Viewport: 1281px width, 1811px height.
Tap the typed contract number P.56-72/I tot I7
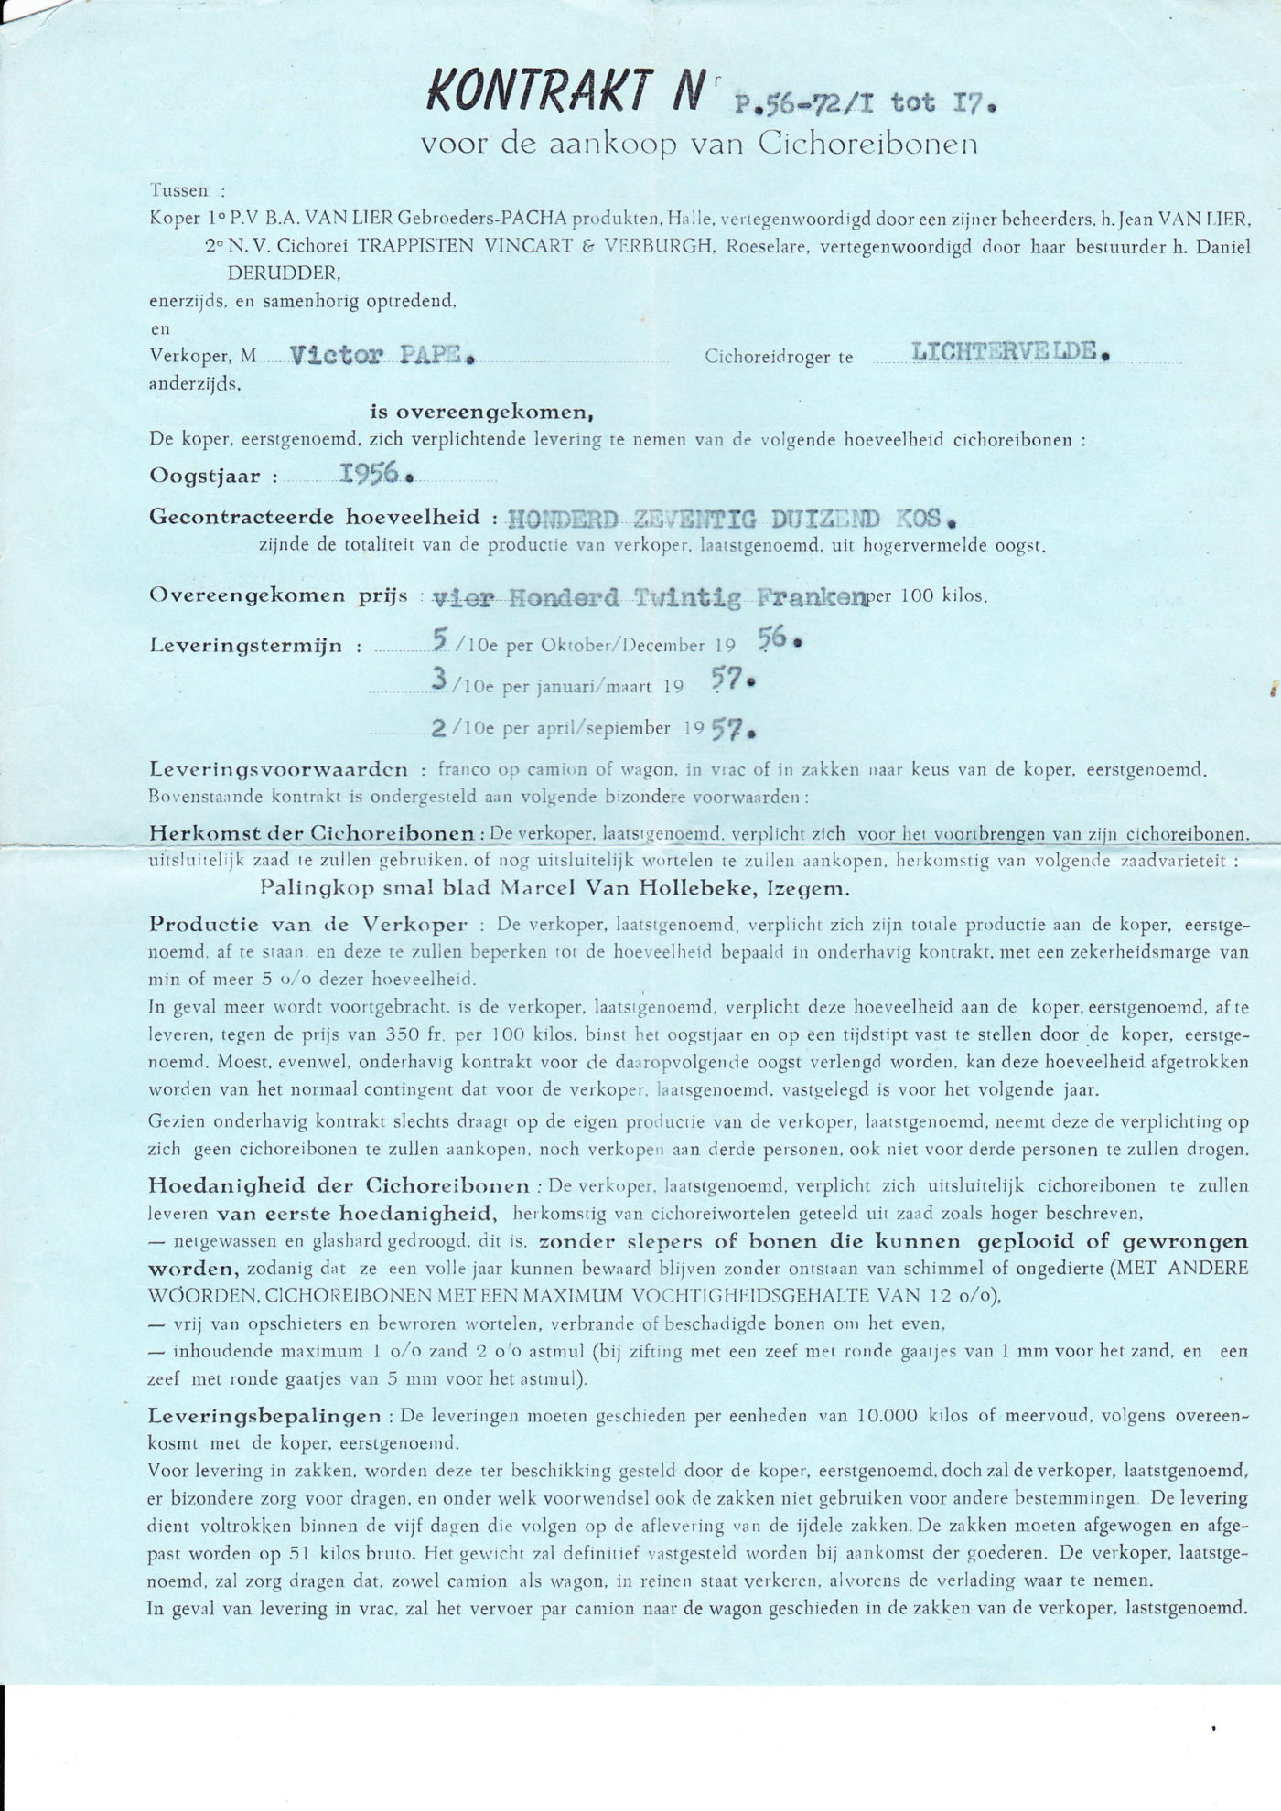(866, 102)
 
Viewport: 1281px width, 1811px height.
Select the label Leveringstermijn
(245, 646)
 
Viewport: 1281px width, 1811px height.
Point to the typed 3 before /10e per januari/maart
(440, 682)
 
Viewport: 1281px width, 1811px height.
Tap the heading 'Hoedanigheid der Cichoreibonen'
(339, 1186)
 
